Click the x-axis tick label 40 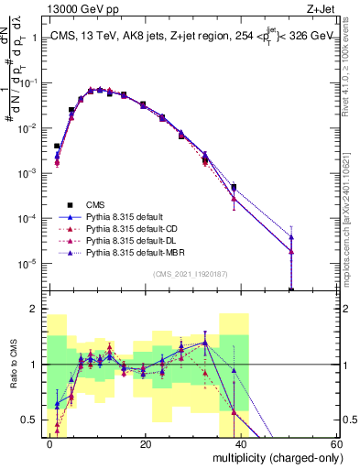click(x=241, y=443)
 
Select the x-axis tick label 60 click(x=335, y=443)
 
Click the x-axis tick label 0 click(x=50, y=443)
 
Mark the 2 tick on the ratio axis click(x=35, y=310)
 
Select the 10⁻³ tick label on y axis click(x=29, y=173)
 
